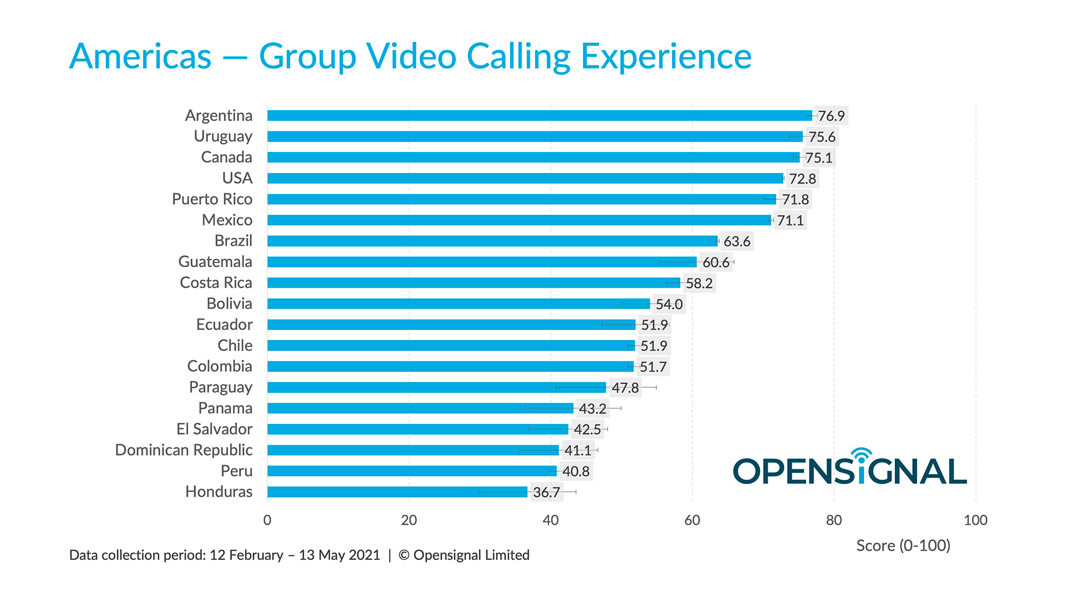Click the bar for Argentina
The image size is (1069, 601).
click(539, 116)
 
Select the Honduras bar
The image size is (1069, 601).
click(397, 492)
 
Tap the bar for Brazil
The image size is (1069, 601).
click(492, 241)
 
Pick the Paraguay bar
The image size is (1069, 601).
click(436, 387)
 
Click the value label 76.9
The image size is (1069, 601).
click(831, 116)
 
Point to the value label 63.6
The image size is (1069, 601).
click(737, 242)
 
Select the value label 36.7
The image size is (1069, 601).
click(546, 492)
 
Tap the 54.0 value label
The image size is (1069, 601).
click(669, 304)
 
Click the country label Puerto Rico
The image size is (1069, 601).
click(212, 199)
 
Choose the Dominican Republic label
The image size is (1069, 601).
click(183, 450)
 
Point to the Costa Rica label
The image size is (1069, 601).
click(215, 283)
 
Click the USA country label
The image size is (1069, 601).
click(237, 178)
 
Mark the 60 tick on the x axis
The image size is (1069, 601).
click(692, 520)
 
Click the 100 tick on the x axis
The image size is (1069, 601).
click(975, 520)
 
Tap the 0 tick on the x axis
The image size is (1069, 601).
click(267, 520)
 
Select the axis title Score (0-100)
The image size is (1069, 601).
click(903, 545)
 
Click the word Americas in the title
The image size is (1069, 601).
click(140, 57)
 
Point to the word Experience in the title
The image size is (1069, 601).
click(666, 57)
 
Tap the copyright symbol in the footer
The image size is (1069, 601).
click(404, 555)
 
